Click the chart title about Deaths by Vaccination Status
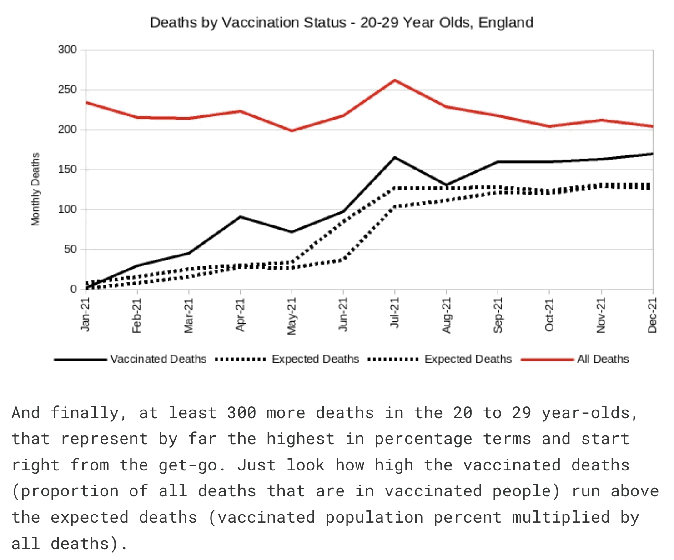tap(341, 23)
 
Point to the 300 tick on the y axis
tap(67, 50)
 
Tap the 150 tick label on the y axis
tap(67, 170)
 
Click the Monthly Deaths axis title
tap(35, 189)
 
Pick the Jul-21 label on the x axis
tap(395, 313)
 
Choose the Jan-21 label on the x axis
tap(86, 314)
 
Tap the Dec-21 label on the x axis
tap(653, 315)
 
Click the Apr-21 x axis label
tap(240, 314)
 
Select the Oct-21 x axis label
tap(549, 315)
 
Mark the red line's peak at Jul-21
tap(395, 80)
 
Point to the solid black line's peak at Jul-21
tap(395, 157)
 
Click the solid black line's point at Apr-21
tap(240, 217)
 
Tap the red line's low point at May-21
tap(292, 131)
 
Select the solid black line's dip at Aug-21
tap(447, 185)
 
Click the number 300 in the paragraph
tap(241, 413)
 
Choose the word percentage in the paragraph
tap(423, 439)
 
